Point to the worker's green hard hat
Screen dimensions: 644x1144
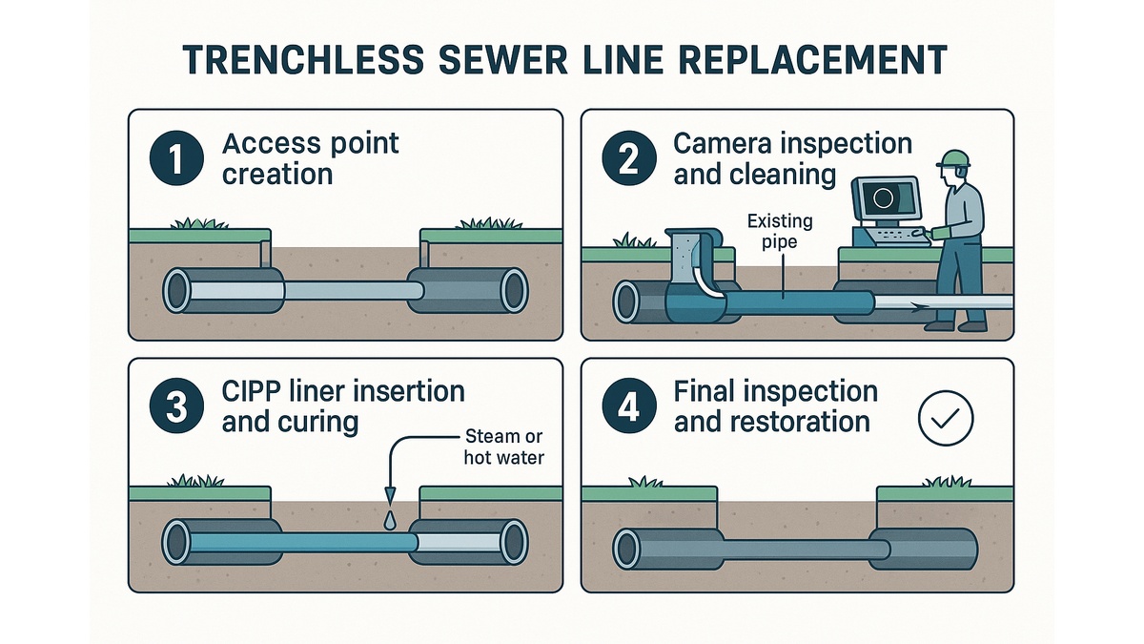(953, 158)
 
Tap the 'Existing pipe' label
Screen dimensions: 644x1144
(779, 230)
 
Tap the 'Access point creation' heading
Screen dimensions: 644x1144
(310, 159)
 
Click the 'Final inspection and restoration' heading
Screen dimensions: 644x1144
(775, 406)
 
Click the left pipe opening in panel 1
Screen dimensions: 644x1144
(178, 290)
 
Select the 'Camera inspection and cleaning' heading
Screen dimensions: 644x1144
(791, 159)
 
